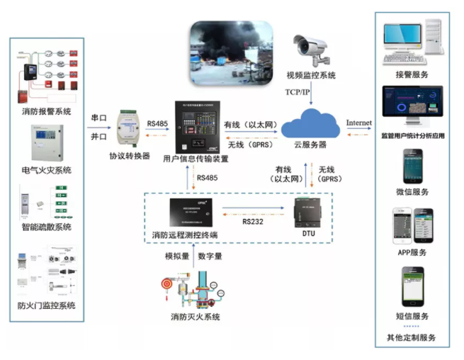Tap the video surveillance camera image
312,48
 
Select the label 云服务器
310,145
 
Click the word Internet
358,123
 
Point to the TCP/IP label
300,92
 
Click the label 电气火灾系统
47,170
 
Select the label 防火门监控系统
47,305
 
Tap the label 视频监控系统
311,75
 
